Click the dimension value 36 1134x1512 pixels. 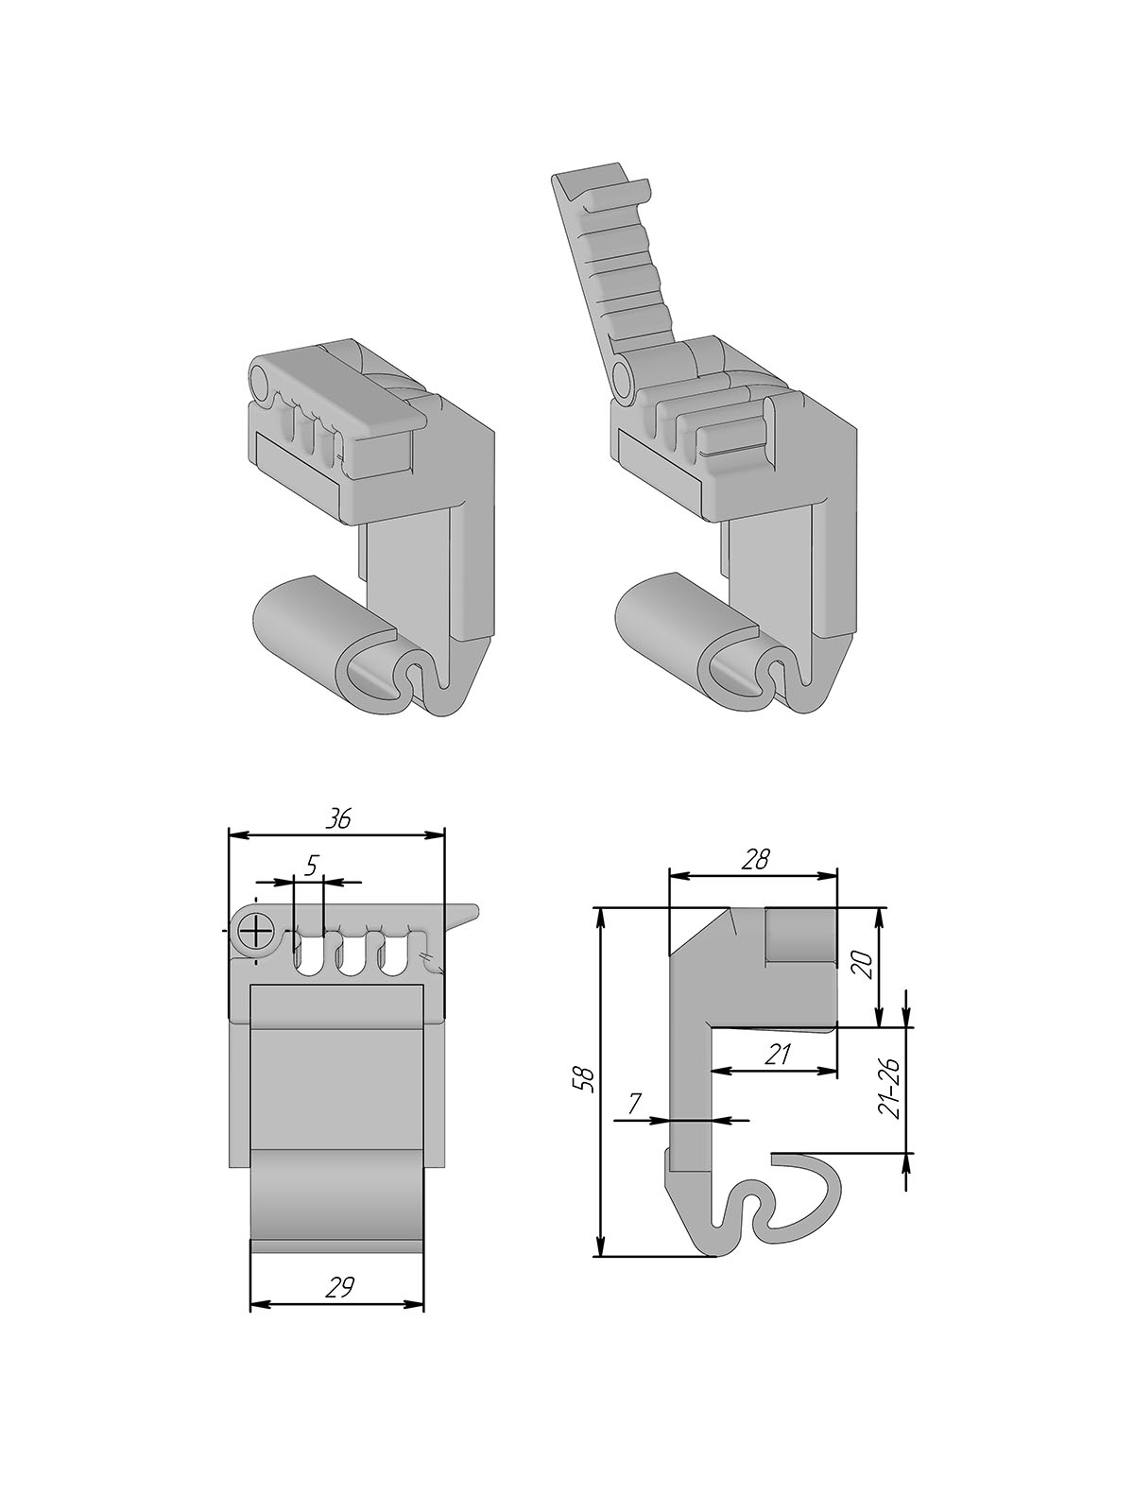(338, 819)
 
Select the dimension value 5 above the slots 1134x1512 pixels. (311, 866)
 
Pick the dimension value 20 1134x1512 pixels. (867, 965)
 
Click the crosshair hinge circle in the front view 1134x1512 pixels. (255, 934)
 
